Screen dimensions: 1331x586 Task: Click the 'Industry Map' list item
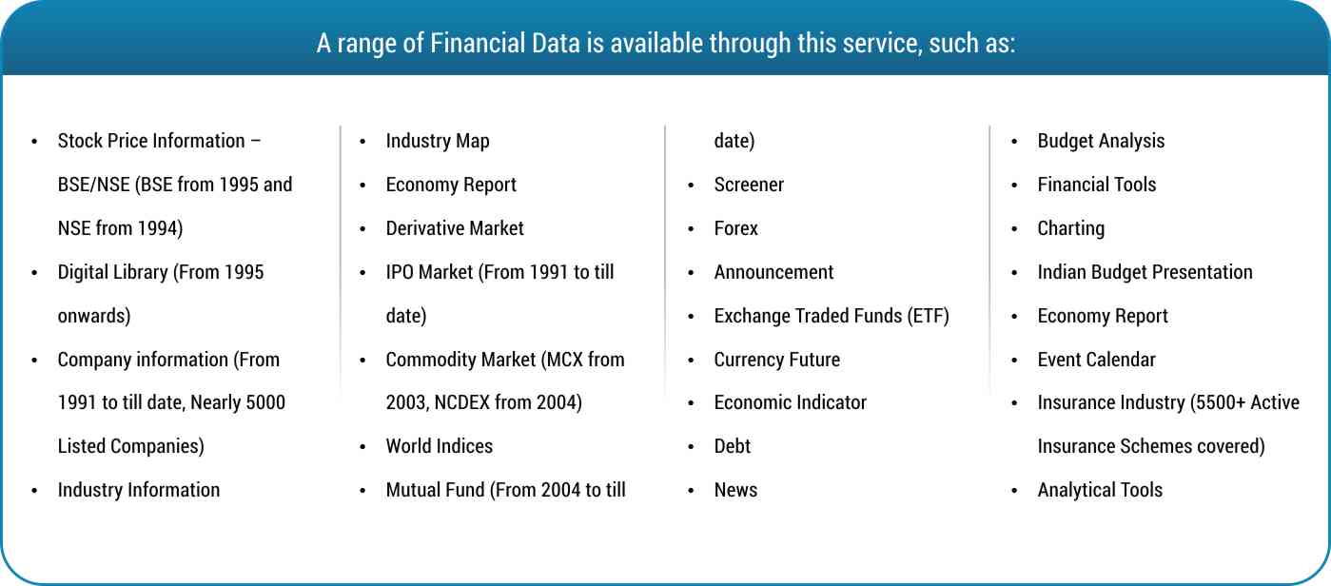click(x=438, y=141)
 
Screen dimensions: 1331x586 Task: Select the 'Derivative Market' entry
click(x=455, y=228)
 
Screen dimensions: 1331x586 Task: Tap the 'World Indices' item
click(x=440, y=446)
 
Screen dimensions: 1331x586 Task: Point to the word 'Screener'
click(x=749, y=185)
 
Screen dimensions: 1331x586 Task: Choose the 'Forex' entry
click(x=735, y=228)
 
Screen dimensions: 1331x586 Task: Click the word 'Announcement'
click(x=773, y=272)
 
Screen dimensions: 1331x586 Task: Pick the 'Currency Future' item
click(x=776, y=360)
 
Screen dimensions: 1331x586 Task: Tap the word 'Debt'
click(x=732, y=446)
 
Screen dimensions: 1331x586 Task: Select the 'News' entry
click(x=735, y=490)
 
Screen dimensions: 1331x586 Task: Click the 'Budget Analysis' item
click(x=1101, y=141)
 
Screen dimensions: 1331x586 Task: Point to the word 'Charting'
click(x=1070, y=229)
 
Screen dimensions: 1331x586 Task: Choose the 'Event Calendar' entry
click(x=1096, y=360)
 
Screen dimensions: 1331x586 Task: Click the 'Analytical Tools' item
click(x=1100, y=490)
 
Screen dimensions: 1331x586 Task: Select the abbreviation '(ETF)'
click(x=929, y=316)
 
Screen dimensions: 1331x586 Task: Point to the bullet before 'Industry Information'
click(x=34, y=491)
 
